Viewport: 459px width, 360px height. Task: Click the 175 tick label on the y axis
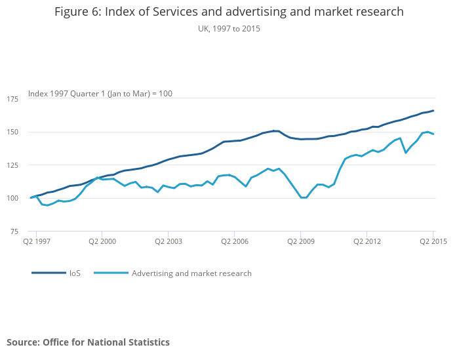click(x=12, y=99)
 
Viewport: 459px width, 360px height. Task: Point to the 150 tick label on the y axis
click(x=12, y=132)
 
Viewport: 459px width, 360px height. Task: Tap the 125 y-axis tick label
click(x=12, y=165)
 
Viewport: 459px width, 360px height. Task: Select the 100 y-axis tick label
click(x=12, y=199)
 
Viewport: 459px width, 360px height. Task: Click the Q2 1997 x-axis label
click(x=36, y=242)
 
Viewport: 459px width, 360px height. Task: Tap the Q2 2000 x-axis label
click(x=102, y=242)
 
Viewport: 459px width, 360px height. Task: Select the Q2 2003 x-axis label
click(x=169, y=242)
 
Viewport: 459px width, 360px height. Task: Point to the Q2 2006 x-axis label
click(x=234, y=242)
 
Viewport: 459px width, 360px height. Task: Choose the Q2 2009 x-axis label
click(x=300, y=242)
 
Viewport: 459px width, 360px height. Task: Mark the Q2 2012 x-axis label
click(x=367, y=242)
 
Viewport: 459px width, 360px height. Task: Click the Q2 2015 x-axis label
click(x=433, y=242)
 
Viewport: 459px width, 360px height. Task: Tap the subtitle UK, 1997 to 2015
click(x=229, y=29)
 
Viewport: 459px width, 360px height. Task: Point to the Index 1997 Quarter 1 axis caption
click(x=100, y=94)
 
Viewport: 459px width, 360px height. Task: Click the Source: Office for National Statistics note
click(x=89, y=342)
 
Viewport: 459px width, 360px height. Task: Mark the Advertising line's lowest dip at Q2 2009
click(x=303, y=197)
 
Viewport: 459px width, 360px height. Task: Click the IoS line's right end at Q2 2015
click(x=433, y=110)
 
